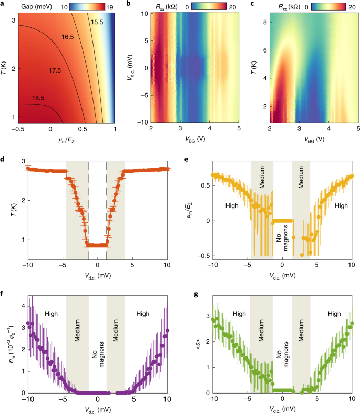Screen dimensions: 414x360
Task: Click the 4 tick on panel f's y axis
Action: click(16, 305)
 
